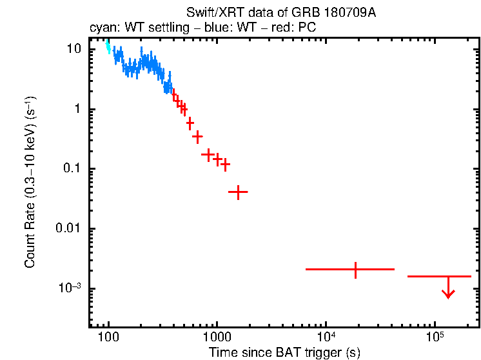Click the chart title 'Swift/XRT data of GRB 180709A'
(x=280, y=13)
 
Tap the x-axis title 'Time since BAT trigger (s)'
(x=284, y=352)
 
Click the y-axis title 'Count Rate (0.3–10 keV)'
(x=30, y=183)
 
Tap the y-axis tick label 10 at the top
(x=75, y=49)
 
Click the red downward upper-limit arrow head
(x=448, y=294)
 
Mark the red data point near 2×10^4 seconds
(x=355, y=269)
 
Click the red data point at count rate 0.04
(x=238, y=192)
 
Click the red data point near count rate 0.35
(x=197, y=136)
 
